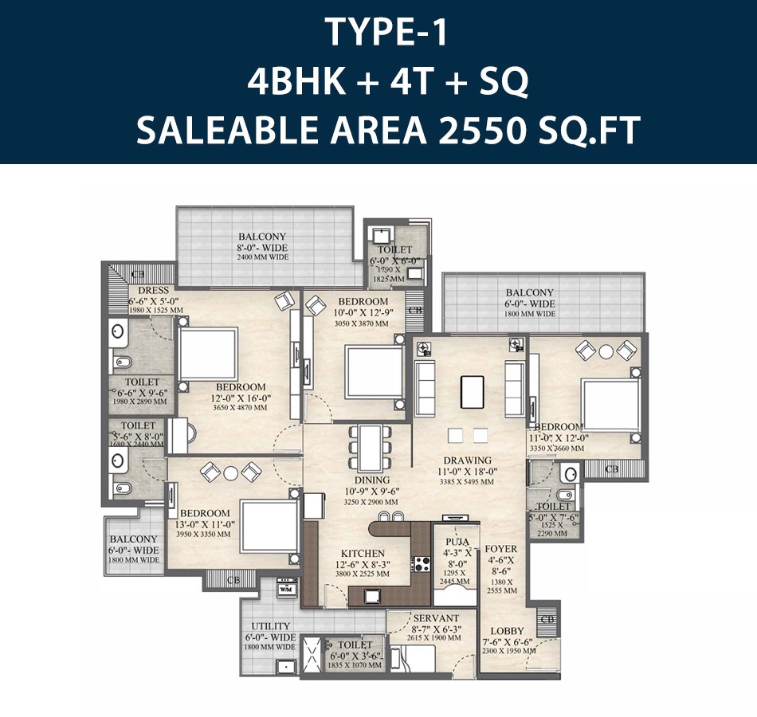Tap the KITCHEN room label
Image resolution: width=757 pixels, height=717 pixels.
(x=363, y=553)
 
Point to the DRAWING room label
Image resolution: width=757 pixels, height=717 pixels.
(x=468, y=460)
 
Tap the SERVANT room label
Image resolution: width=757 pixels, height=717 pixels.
(x=436, y=618)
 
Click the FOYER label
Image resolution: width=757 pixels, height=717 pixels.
(x=501, y=549)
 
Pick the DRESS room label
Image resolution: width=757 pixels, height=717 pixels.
(x=153, y=291)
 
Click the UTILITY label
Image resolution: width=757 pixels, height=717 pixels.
(x=271, y=626)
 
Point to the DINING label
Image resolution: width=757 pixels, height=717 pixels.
(x=372, y=480)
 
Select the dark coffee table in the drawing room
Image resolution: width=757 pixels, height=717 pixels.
(x=472, y=392)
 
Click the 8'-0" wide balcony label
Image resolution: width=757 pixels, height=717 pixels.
(x=262, y=237)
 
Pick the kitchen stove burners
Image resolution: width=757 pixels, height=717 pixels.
(x=420, y=566)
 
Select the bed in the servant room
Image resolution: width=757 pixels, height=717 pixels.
(x=414, y=660)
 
